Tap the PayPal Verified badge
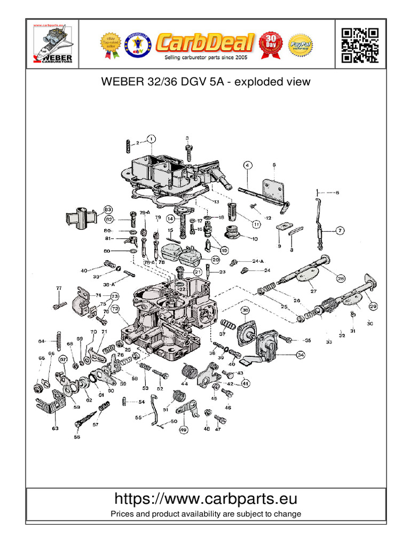pos(300,45)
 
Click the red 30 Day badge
pos(271,45)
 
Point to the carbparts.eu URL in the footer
pos(206,499)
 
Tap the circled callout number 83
pos(108,209)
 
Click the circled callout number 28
pos(340,278)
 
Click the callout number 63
pos(55,428)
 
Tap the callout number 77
pos(59,288)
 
